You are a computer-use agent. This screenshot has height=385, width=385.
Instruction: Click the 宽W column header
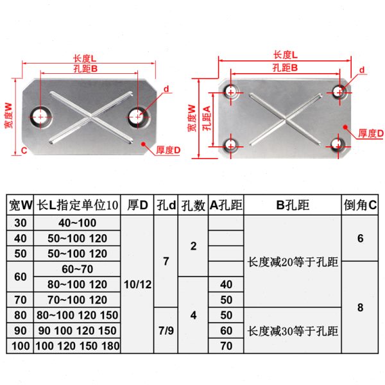pyautogui.click(x=19, y=206)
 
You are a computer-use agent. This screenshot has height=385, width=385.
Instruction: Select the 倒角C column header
pyautogui.click(x=360, y=206)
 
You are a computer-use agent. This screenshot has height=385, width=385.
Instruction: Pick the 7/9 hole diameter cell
pyautogui.click(x=166, y=330)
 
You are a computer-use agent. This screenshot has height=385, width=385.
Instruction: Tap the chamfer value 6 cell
pyautogui.click(x=360, y=238)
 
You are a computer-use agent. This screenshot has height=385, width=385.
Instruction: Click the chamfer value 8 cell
pyautogui.click(x=360, y=307)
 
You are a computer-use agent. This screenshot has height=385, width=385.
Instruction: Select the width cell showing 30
pyautogui.click(x=19, y=222)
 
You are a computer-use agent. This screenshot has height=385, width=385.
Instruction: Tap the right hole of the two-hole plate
pyautogui.click(x=136, y=116)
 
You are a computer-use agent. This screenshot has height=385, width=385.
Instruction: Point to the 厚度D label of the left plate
pyautogui.click(x=168, y=150)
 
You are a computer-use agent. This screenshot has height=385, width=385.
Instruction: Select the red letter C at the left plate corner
pyautogui.click(x=23, y=150)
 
